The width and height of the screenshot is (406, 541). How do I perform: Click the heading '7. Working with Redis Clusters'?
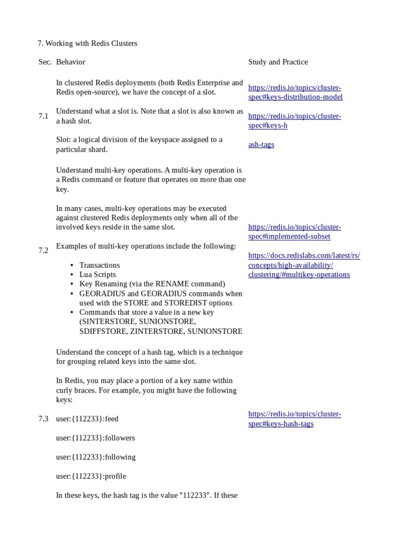(x=88, y=43)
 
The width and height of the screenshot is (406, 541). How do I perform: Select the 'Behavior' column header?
(x=70, y=62)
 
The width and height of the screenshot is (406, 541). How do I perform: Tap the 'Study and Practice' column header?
(x=278, y=62)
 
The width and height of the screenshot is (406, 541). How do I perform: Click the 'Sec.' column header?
(x=45, y=62)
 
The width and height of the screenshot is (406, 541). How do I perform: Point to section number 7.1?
(x=43, y=116)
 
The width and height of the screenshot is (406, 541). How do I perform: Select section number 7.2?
(x=43, y=250)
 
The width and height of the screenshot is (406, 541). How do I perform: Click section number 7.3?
(x=43, y=419)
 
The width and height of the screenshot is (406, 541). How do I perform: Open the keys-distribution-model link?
(x=295, y=92)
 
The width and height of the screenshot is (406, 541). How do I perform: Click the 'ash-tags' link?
(x=261, y=144)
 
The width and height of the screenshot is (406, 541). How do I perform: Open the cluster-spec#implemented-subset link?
(x=294, y=232)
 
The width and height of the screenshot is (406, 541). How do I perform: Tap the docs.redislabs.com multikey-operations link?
(x=304, y=265)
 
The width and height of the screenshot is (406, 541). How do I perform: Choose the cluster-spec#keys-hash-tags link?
(x=294, y=419)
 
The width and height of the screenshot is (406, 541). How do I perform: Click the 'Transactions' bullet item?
(x=99, y=265)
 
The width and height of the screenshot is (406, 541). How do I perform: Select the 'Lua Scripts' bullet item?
(x=97, y=275)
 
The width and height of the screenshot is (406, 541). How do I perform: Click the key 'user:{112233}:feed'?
(x=87, y=419)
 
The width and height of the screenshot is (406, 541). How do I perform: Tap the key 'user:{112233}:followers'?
(x=95, y=438)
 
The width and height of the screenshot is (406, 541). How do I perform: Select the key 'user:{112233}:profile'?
(x=91, y=476)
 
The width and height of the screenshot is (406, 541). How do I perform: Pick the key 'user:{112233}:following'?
(x=96, y=457)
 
